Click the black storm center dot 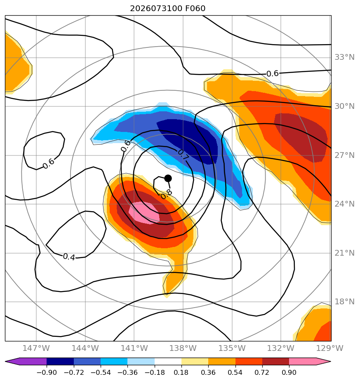(x=168, y=179)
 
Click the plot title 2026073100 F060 (x=168, y=9)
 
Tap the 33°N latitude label (x=344, y=57)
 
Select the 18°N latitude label (x=344, y=302)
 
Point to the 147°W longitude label (x=36, y=348)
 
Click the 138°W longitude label (x=183, y=348)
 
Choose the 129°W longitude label (x=329, y=348)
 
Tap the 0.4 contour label (x=69, y=256)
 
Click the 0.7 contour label (x=183, y=155)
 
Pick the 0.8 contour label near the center (x=167, y=194)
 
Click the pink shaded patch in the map (x=144, y=213)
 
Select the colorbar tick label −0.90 (x=47, y=372)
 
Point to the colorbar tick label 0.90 (x=289, y=372)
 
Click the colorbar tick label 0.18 (x=181, y=372)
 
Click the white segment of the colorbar (x=168, y=361)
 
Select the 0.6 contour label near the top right (x=273, y=73)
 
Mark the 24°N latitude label (x=344, y=204)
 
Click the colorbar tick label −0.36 (x=127, y=372)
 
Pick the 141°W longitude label (x=134, y=348)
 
